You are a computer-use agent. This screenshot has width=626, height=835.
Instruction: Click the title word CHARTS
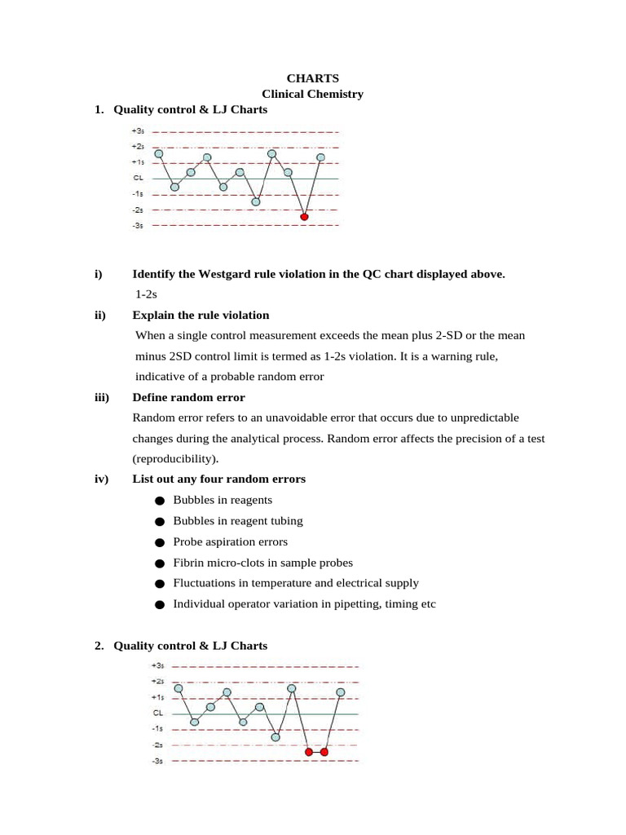(312, 78)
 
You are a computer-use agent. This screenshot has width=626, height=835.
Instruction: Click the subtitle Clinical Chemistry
(312, 94)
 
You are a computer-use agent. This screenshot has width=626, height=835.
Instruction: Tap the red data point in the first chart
(304, 217)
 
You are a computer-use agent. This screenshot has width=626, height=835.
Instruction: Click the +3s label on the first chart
(138, 130)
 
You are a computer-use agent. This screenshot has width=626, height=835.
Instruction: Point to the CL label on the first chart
(139, 178)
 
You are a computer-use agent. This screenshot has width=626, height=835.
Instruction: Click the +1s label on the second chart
(158, 697)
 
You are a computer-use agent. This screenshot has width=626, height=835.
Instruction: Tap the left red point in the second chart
(308, 752)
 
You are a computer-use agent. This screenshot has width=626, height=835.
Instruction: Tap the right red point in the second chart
(324, 752)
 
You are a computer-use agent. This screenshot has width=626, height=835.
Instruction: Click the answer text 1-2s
(147, 294)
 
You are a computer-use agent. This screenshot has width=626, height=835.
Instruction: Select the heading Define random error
(188, 397)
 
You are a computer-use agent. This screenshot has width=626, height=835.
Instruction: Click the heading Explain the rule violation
(201, 315)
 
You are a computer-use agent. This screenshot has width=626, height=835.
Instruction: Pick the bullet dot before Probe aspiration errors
(159, 542)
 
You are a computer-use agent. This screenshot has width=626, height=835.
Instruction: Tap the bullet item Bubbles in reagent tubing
(237, 521)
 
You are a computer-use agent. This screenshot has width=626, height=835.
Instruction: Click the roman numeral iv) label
(101, 479)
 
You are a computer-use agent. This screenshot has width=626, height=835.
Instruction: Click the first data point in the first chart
(159, 153)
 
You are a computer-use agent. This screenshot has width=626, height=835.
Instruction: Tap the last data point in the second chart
(341, 692)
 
